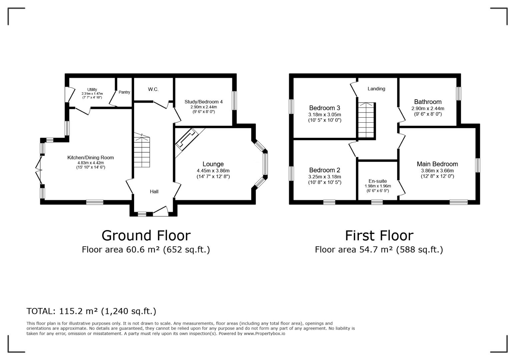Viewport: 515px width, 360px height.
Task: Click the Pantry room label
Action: (x=124, y=92)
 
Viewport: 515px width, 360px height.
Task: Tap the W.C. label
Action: (x=153, y=89)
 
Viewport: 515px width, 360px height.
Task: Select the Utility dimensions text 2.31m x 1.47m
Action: (x=92, y=94)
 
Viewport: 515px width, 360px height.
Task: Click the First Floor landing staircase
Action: (x=366, y=120)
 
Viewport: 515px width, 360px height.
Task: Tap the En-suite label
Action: (x=378, y=181)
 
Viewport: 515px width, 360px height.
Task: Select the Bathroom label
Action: (x=428, y=102)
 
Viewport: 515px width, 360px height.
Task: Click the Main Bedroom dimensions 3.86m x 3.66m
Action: (x=437, y=171)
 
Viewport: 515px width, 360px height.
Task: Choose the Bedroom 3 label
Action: (x=325, y=108)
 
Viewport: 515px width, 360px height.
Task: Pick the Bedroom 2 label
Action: (x=325, y=170)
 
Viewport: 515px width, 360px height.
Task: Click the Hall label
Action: (x=154, y=192)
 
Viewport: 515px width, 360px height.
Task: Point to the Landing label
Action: (x=376, y=89)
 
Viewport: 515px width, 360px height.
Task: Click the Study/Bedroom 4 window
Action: (x=234, y=100)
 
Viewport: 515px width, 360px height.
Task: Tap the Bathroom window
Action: (x=458, y=94)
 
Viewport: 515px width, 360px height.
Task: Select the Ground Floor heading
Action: (x=146, y=235)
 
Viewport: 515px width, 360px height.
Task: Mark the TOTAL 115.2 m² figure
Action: (x=78, y=311)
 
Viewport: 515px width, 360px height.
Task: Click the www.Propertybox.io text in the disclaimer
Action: (x=265, y=334)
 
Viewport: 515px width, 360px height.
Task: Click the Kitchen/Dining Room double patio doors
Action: (x=39, y=170)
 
